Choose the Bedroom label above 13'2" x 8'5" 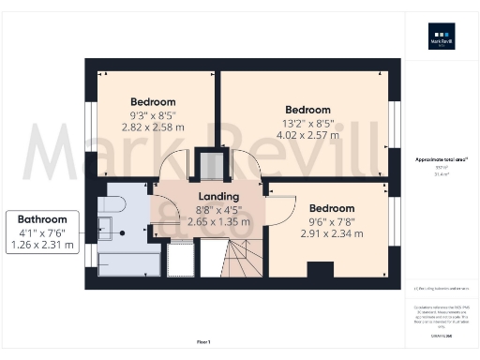pyautogui.click(x=308, y=109)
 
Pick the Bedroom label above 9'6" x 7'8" pyautogui.click(x=332, y=208)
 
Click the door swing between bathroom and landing pyautogui.click(x=163, y=209)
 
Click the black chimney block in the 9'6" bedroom pyautogui.click(x=320, y=270)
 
